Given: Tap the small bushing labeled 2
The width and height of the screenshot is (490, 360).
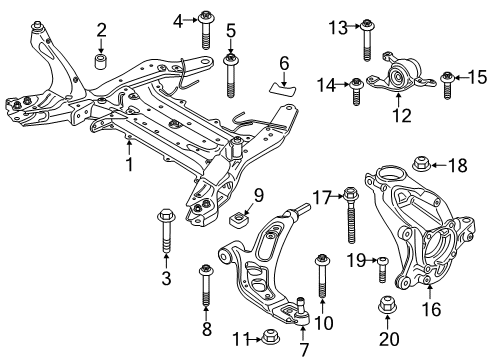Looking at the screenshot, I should (x=101, y=64).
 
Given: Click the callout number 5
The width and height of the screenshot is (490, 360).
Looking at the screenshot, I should (x=230, y=30).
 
